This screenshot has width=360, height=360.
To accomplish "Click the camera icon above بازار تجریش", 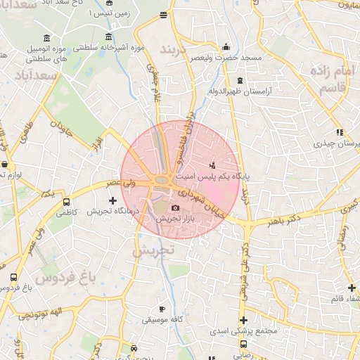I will [175, 207].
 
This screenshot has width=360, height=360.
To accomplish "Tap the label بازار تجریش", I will [174, 219].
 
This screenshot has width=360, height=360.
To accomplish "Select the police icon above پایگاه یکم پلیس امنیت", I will [213, 165].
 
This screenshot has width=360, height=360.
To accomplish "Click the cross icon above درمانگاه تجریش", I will [112, 200].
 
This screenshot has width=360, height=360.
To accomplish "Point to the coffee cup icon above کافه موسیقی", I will [162, 309].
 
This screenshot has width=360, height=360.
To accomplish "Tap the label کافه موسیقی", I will [162, 320].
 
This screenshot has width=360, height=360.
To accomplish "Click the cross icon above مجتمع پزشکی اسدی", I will [243, 320].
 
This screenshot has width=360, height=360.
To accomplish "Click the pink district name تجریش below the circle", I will [153, 250].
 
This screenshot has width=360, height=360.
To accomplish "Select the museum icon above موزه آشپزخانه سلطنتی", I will [108, 37].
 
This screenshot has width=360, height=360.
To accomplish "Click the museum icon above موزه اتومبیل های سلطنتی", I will [46, 37].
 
